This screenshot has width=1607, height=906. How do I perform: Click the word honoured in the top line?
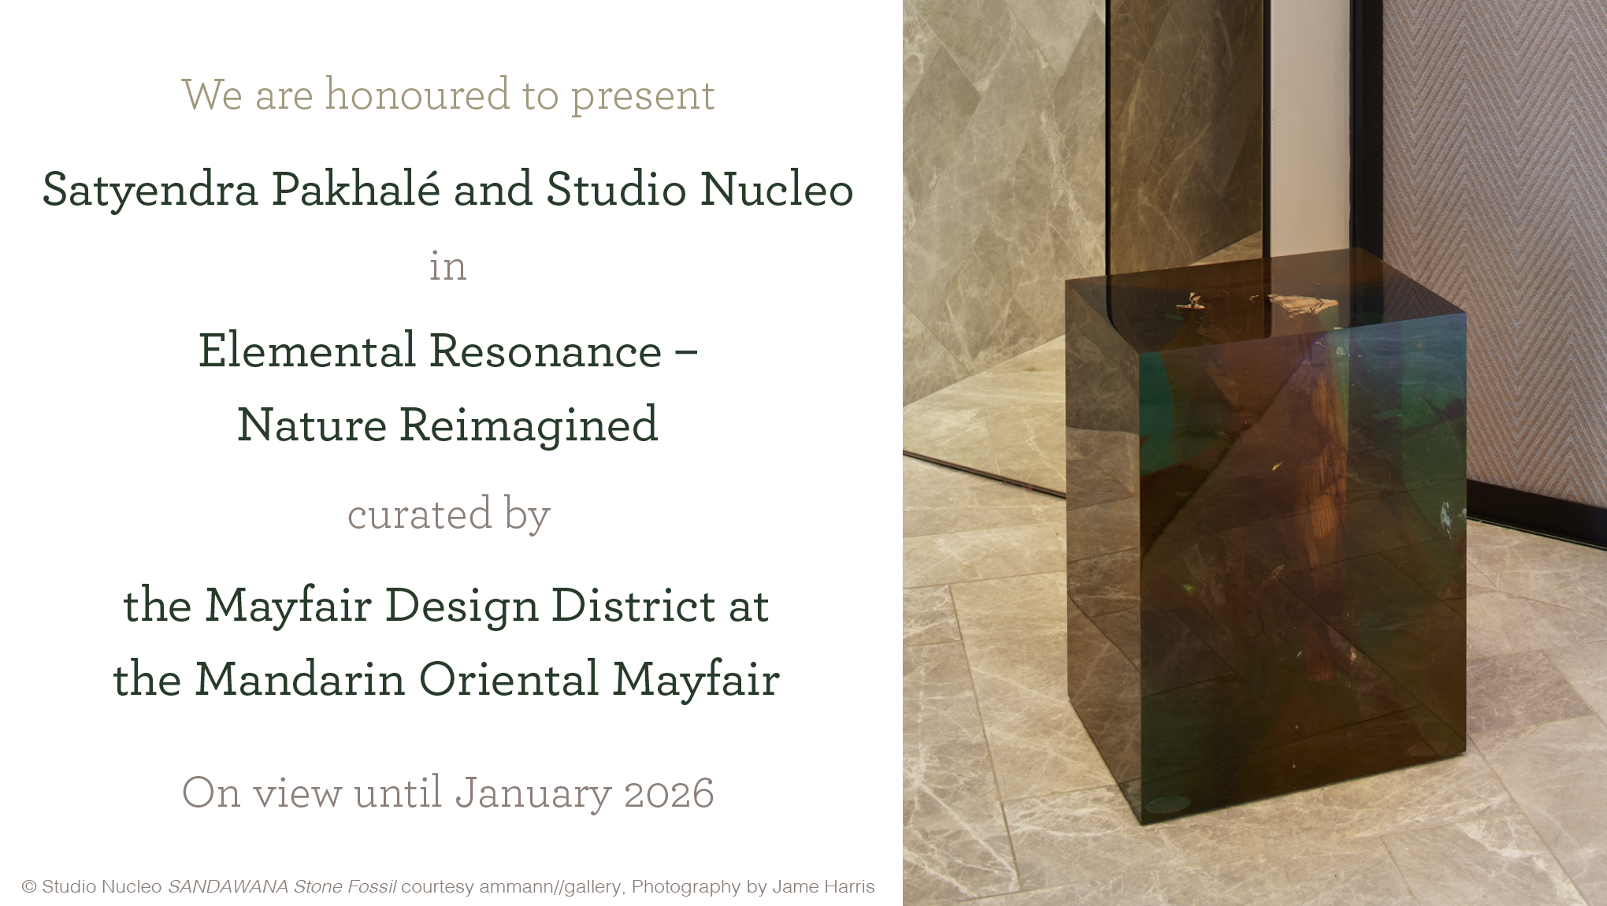(418, 95)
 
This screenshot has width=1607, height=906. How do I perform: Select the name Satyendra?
(150, 191)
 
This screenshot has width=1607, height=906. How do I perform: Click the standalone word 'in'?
(447, 266)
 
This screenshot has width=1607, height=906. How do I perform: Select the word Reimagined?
(529, 426)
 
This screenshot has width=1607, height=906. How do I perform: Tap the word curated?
(420, 515)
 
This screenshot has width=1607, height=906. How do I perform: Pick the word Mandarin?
(300, 679)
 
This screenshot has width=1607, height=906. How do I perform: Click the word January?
(533, 794)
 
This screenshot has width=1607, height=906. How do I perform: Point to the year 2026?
(669, 794)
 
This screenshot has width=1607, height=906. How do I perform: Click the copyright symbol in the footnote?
(29, 887)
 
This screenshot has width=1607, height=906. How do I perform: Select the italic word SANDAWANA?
(228, 887)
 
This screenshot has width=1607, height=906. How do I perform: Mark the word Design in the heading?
(461, 607)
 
